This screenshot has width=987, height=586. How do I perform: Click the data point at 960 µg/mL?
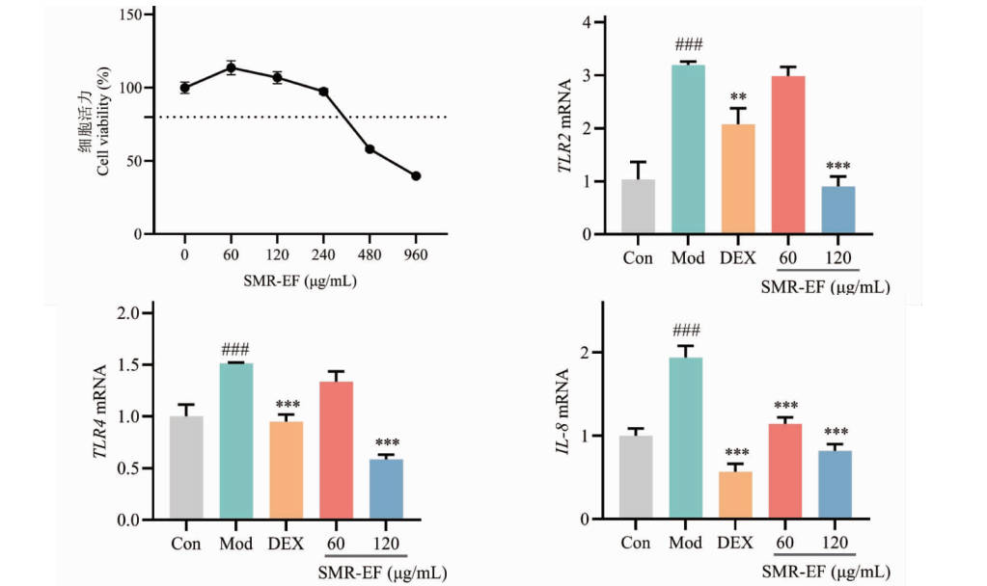click(x=416, y=175)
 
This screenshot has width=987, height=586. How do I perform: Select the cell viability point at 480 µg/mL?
click(x=370, y=149)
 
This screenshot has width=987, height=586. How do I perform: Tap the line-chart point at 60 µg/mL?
click(x=231, y=68)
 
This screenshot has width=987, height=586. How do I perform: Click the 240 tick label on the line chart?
click(x=323, y=254)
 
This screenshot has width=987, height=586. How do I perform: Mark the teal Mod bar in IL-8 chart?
click(x=685, y=439)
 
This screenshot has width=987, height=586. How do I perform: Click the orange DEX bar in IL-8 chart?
click(x=737, y=495)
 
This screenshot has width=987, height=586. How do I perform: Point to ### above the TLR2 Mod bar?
click(x=687, y=45)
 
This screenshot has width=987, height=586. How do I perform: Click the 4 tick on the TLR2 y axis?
click(x=601, y=22)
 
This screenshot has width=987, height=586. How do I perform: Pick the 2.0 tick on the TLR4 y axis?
click(x=128, y=314)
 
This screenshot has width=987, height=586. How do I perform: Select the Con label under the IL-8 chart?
click(x=636, y=544)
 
